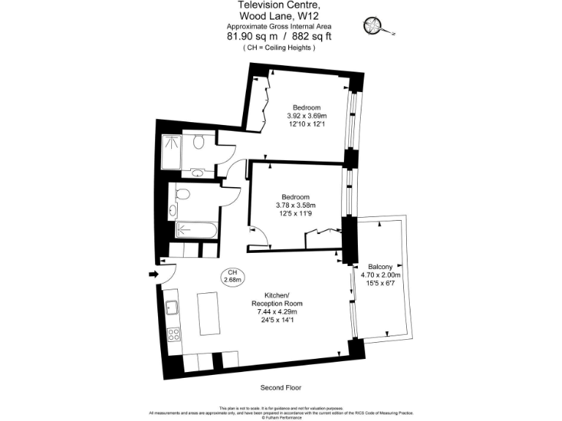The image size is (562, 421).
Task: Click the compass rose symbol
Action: [373, 27]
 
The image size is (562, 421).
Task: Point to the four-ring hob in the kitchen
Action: [174, 335]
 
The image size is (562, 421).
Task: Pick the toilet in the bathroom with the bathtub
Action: [182, 194]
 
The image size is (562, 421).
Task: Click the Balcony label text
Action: [381, 266]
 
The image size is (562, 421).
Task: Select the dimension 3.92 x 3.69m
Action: [306, 115]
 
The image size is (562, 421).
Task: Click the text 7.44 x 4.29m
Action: [277, 311]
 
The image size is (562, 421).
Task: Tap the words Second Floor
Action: [281, 387]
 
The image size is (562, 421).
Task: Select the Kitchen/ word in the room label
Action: [277, 294]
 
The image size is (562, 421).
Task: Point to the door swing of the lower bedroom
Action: [258, 235]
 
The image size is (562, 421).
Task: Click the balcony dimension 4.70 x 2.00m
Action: [381, 275]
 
